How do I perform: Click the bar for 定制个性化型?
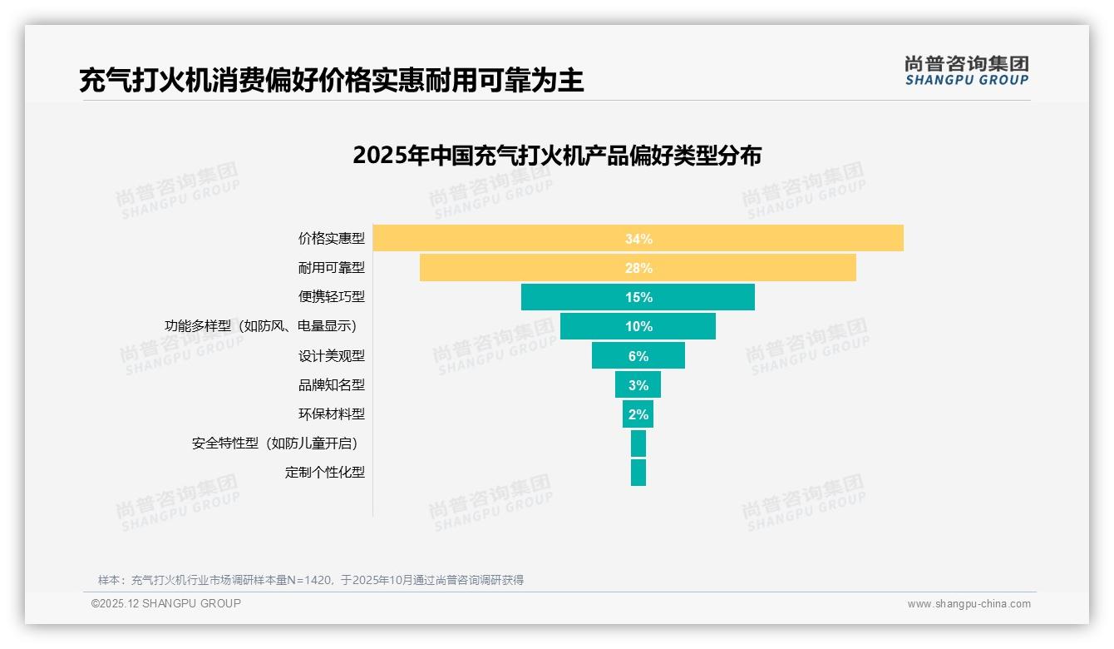tap(638, 473)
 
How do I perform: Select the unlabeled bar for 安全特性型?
tap(638, 443)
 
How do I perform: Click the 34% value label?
tap(638, 239)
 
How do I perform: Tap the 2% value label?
tap(638, 414)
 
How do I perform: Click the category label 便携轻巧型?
tap(332, 297)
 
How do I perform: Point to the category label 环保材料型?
tap(332, 414)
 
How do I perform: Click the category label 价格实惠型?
tap(332, 238)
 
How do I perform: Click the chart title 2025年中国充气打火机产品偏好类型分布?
tap(556, 156)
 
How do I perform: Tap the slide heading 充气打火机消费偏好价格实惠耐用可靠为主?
tap(331, 80)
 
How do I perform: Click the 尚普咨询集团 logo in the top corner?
tap(966, 70)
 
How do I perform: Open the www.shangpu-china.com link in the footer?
tap(969, 604)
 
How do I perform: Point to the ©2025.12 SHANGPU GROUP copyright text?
tap(166, 603)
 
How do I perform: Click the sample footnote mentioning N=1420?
tap(311, 580)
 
